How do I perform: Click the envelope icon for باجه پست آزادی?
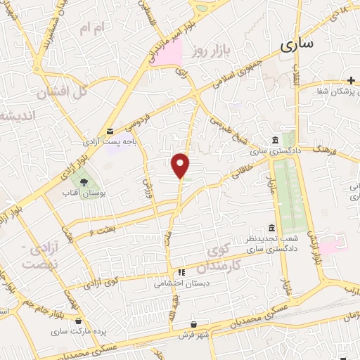point(110,131)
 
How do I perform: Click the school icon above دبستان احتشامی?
point(181,271)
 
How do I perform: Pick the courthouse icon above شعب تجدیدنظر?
point(271,227)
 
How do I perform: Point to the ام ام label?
point(92,28)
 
